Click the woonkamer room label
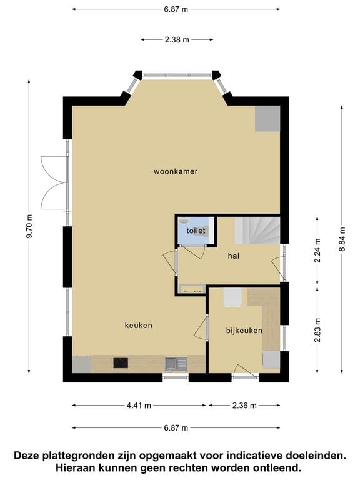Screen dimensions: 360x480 (176, 171)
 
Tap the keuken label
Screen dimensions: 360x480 (138, 326)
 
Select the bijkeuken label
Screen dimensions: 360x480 (244, 331)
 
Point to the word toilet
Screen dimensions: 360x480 (196, 231)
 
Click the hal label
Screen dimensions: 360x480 (234, 256)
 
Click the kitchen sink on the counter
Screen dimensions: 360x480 (176, 363)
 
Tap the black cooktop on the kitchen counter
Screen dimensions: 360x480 (121, 363)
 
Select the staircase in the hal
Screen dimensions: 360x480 (257, 231)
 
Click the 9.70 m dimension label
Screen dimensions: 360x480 (29, 226)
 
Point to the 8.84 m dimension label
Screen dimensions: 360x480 (342, 239)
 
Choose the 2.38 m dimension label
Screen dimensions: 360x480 (177, 39)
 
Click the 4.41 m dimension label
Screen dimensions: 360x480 (139, 406)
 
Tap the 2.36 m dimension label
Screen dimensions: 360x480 (244, 406)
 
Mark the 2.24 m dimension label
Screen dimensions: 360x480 (317, 250)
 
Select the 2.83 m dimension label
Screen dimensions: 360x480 (317, 330)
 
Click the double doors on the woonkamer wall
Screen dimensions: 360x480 (54, 182)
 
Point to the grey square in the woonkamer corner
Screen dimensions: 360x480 (267, 119)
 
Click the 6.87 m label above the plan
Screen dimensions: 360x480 (176, 9)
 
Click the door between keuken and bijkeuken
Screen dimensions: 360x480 (201, 328)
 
